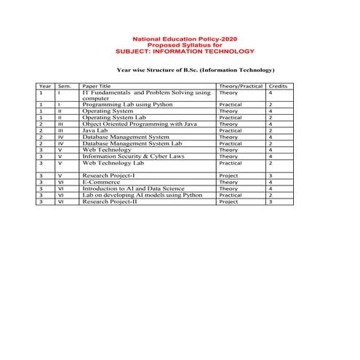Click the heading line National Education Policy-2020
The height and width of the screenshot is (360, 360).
click(180, 39)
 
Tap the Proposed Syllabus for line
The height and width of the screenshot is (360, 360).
click(180, 46)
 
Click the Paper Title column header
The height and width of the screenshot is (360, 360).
click(97, 86)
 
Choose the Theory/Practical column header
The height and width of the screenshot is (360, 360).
click(240, 86)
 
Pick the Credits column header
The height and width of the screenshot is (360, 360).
click(278, 86)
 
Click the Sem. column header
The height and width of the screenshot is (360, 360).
click(64, 86)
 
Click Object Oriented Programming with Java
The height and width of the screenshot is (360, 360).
click(139, 124)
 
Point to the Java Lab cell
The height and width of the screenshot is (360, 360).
click(98, 130)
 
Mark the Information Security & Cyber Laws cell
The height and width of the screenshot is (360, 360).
click(135, 156)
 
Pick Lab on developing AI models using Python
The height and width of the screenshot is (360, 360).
click(142, 195)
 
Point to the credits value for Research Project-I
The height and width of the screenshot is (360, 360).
click(270, 175)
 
